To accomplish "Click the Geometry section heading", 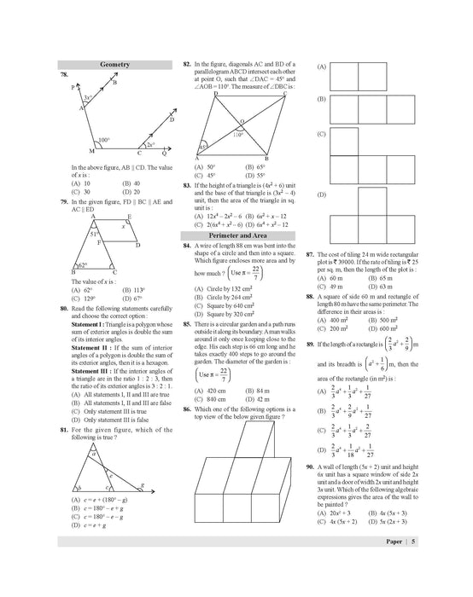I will click(x=117, y=64).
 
